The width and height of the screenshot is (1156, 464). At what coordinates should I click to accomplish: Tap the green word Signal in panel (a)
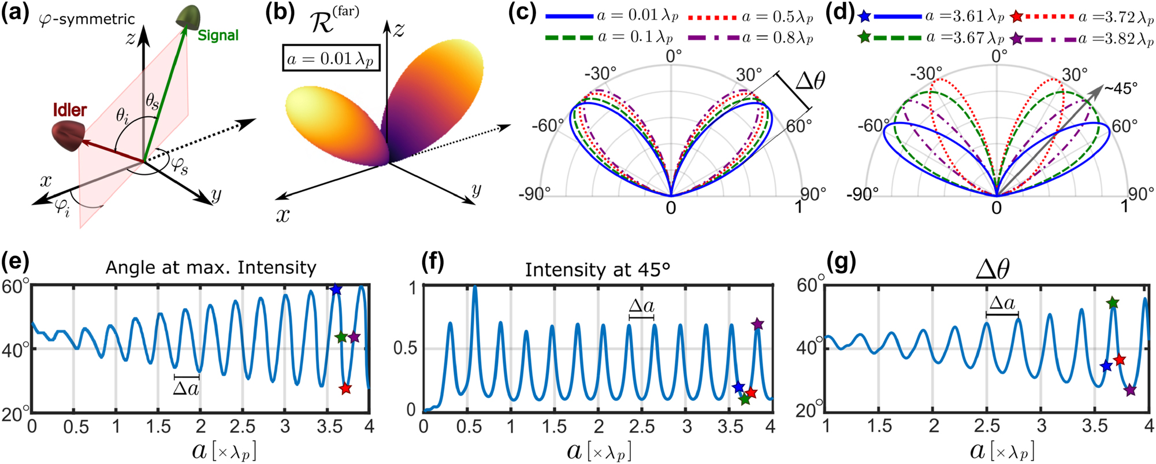[x=218, y=36]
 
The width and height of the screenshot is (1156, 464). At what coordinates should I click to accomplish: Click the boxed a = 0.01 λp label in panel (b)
[x=331, y=58]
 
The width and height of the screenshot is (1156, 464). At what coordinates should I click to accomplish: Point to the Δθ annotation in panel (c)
[x=810, y=81]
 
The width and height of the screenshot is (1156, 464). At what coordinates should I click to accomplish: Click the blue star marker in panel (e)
[x=336, y=289]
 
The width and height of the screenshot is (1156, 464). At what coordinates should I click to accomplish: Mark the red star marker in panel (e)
[x=345, y=388]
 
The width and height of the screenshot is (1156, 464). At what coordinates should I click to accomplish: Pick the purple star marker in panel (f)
[x=757, y=324]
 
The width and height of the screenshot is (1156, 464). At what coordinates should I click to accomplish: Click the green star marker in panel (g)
[x=1113, y=303]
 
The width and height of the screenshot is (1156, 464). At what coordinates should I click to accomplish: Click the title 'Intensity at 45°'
[x=597, y=269]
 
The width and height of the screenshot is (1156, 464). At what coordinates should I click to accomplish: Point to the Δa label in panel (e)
[x=187, y=388]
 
